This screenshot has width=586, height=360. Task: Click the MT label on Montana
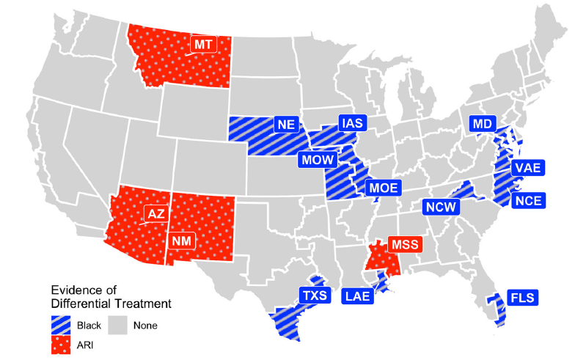point(203,45)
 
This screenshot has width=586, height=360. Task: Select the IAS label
point(352,124)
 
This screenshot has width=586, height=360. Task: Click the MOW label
point(316,160)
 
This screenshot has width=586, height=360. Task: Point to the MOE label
point(383,188)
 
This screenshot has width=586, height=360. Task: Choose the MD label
point(482,124)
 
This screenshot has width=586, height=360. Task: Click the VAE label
point(527,169)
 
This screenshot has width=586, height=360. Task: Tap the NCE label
point(527,199)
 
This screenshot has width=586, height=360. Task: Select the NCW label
point(442,207)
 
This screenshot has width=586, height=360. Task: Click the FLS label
point(522,297)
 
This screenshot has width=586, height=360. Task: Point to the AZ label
point(156,214)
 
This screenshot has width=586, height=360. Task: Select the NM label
point(180,240)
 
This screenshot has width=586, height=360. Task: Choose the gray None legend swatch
point(118,323)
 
